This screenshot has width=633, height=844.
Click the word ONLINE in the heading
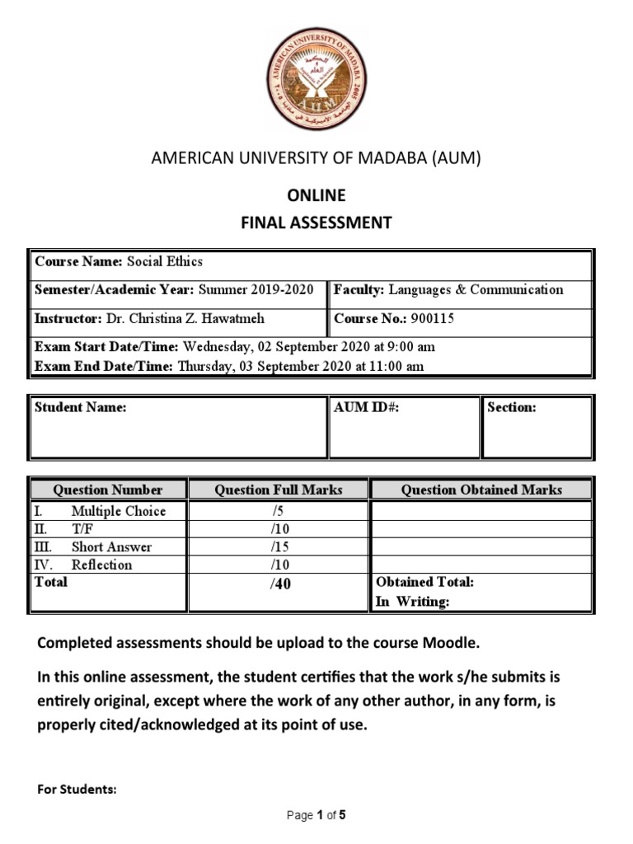coord(316,196)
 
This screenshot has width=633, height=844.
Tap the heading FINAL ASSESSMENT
coord(316,223)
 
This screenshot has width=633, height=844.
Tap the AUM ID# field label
coord(367,408)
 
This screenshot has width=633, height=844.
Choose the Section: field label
coord(512,408)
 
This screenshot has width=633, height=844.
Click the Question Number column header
coord(108,490)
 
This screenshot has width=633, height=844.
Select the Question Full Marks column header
coord(279,490)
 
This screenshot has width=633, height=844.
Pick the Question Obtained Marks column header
coord(481,490)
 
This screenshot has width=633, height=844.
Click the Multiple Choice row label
coord(118,511)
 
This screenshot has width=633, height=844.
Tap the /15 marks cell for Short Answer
coord(279,546)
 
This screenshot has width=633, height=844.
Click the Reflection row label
coord(101,565)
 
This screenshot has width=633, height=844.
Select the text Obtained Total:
coord(424,582)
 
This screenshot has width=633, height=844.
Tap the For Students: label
coord(77,790)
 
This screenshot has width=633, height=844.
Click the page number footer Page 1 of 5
coord(316,816)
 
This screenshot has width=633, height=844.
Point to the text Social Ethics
coord(164,262)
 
